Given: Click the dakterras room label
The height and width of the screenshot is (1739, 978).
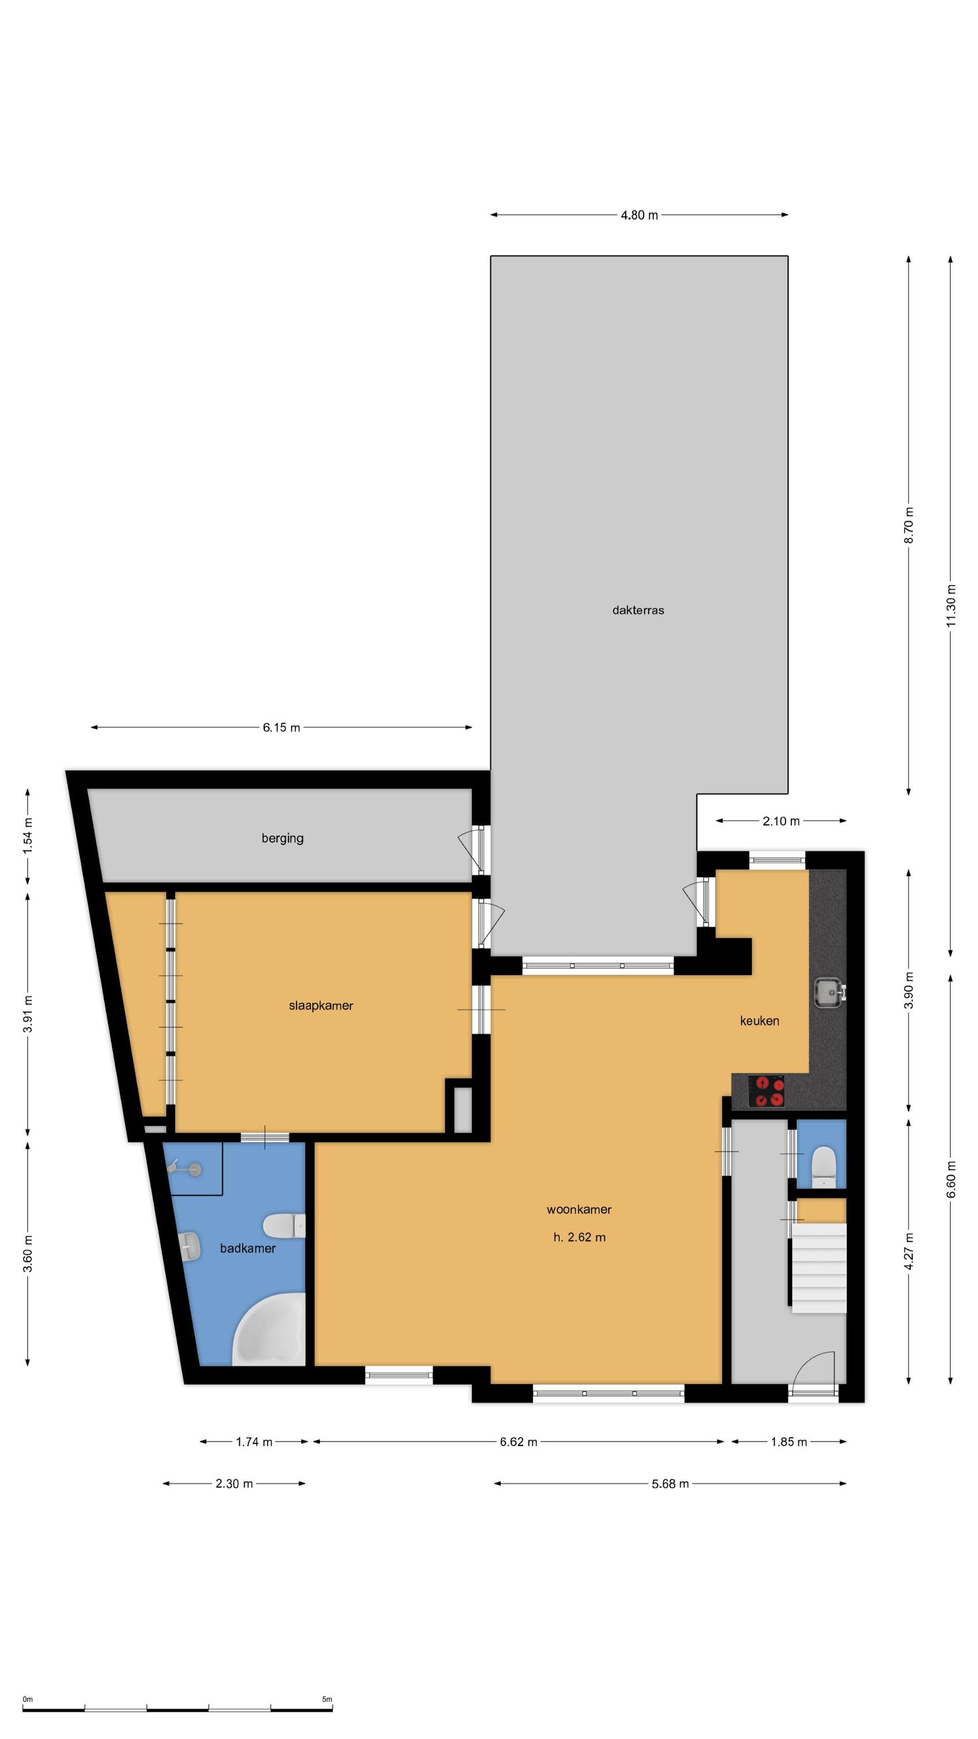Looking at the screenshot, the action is pyautogui.click(x=638, y=610).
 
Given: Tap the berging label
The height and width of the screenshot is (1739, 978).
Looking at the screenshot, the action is pyautogui.click(x=282, y=838).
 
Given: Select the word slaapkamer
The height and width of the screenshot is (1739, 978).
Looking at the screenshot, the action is pyautogui.click(x=320, y=1006).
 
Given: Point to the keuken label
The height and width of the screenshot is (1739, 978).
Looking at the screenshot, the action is pyautogui.click(x=760, y=1021).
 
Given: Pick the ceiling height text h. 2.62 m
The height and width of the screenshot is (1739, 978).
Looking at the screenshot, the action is pyautogui.click(x=579, y=1238).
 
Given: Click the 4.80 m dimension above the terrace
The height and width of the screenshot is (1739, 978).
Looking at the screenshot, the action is pyautogui.click(x=639, y=216).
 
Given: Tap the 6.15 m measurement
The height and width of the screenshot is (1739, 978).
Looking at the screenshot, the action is pyautogui.click(x=282, y=727).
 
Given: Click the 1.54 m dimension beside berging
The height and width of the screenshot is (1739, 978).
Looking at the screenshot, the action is pyautogui.click(x=28, y=836).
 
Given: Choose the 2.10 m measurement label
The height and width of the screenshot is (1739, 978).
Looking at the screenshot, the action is pyautogui.click(x=781, y=821).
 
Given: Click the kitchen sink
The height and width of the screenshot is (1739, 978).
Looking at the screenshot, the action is pyautogui.click(x=830, y=992).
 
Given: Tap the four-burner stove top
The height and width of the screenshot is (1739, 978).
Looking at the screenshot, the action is pyautogui.click(x=767, y=1092).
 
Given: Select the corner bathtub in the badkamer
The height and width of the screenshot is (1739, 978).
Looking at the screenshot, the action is pyautogui.click(x=269, y=1330).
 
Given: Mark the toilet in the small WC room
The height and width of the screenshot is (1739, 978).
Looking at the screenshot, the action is pyautogui.click(x=824, y=1167).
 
